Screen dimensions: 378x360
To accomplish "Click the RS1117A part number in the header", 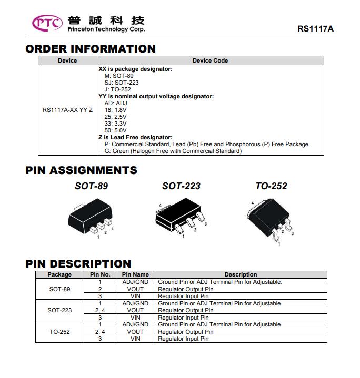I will click(316, 29).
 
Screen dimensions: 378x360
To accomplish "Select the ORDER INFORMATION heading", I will click(91, 49).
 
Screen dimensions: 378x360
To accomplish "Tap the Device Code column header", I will click(210, 60).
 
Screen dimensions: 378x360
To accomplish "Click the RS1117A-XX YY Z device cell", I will click(67, 110).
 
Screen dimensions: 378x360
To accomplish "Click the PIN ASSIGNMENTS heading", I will click(81, 170).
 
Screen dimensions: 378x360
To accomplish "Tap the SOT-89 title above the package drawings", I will click(92, 186).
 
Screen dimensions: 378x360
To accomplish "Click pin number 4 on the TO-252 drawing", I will click(253, 203).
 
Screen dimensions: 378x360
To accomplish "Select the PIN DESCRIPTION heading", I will click(78, 264).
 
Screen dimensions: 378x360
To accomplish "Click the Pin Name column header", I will click(135, 274).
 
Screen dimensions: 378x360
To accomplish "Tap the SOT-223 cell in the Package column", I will click(59, 310).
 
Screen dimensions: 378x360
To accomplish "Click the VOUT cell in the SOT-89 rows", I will click(135, 289).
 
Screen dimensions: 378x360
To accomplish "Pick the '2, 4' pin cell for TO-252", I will click(100, 332).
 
